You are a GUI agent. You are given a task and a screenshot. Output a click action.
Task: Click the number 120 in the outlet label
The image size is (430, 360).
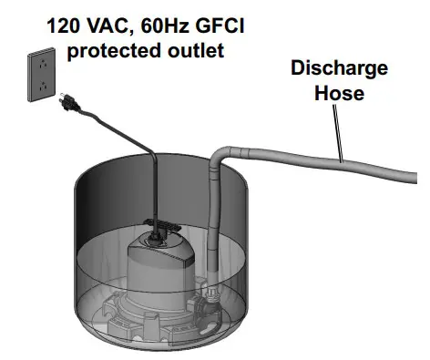pyautogui.click(x=67, y=24)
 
